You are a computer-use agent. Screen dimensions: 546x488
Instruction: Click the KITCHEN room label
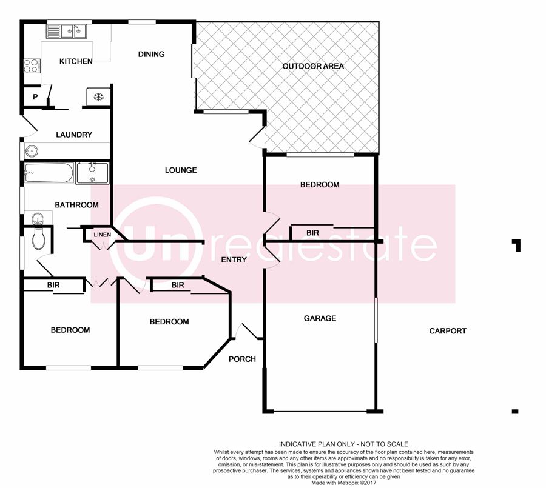point(76,61)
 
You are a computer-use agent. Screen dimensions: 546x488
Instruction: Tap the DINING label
point(151,54)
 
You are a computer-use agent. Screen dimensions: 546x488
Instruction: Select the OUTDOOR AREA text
point(313,66)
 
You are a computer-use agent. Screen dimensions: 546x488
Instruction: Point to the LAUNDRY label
point(74,135)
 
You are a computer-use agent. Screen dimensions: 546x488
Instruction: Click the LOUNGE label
point(181,170)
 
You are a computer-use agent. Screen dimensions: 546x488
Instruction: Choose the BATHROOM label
point(76,205)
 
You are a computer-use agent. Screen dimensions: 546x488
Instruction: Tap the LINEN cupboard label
point(103,235)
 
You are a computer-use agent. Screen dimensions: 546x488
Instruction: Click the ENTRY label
point(234,259)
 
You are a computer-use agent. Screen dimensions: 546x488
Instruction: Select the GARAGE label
point(320,318)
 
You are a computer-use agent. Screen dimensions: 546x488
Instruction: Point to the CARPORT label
point(448,330)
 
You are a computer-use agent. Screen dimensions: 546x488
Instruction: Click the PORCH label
point(242,359)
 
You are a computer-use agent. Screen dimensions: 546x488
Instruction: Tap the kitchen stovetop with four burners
point(32,66)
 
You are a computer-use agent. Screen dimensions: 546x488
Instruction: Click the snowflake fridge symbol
point(99,96)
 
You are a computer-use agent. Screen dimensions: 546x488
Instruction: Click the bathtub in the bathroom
point(49,173)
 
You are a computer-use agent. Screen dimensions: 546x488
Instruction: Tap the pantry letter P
point(35,97)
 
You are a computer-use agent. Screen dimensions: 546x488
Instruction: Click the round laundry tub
point(32,152)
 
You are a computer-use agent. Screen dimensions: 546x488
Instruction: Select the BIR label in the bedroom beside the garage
point(312,233)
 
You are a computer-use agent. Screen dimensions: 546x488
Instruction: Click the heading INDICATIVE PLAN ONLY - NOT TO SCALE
point(343,444)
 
